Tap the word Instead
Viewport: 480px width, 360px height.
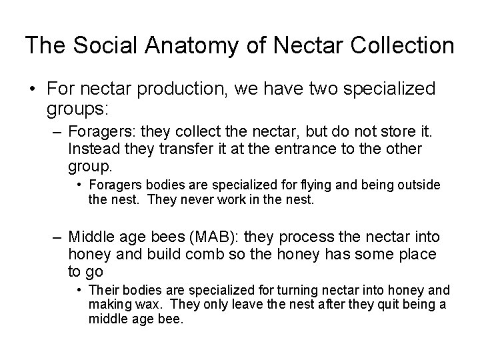(93, 149)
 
